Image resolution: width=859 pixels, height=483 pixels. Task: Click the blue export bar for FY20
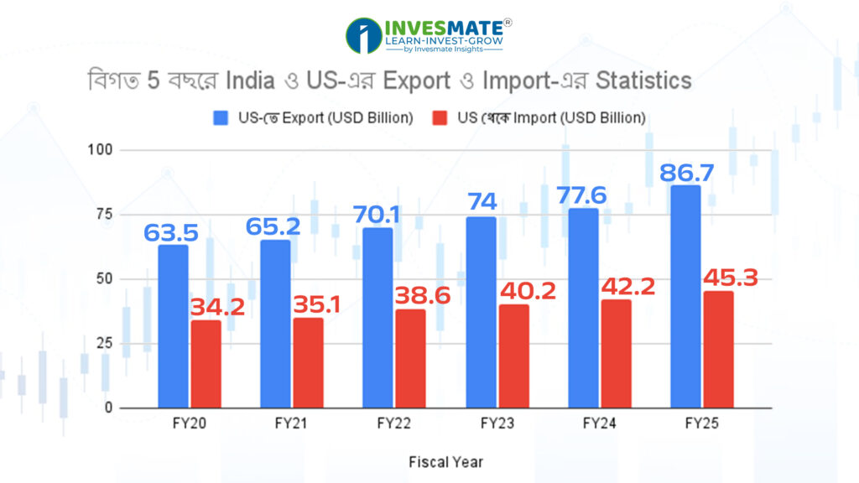tap(173, 326)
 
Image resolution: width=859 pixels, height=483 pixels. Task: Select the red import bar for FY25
tap(719, 350)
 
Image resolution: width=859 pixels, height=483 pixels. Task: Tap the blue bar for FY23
tap(481, 312)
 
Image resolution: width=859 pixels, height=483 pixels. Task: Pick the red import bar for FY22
tap(411, 359)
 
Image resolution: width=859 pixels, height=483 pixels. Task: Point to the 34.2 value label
tap(216, 307)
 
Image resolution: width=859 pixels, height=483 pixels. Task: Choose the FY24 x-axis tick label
tap(599, 424)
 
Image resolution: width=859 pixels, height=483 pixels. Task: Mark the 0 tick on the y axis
tap(108, 408)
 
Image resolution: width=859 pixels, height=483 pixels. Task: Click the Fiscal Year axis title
tap(445, 461)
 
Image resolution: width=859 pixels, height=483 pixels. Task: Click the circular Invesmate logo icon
tap(363, 36)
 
